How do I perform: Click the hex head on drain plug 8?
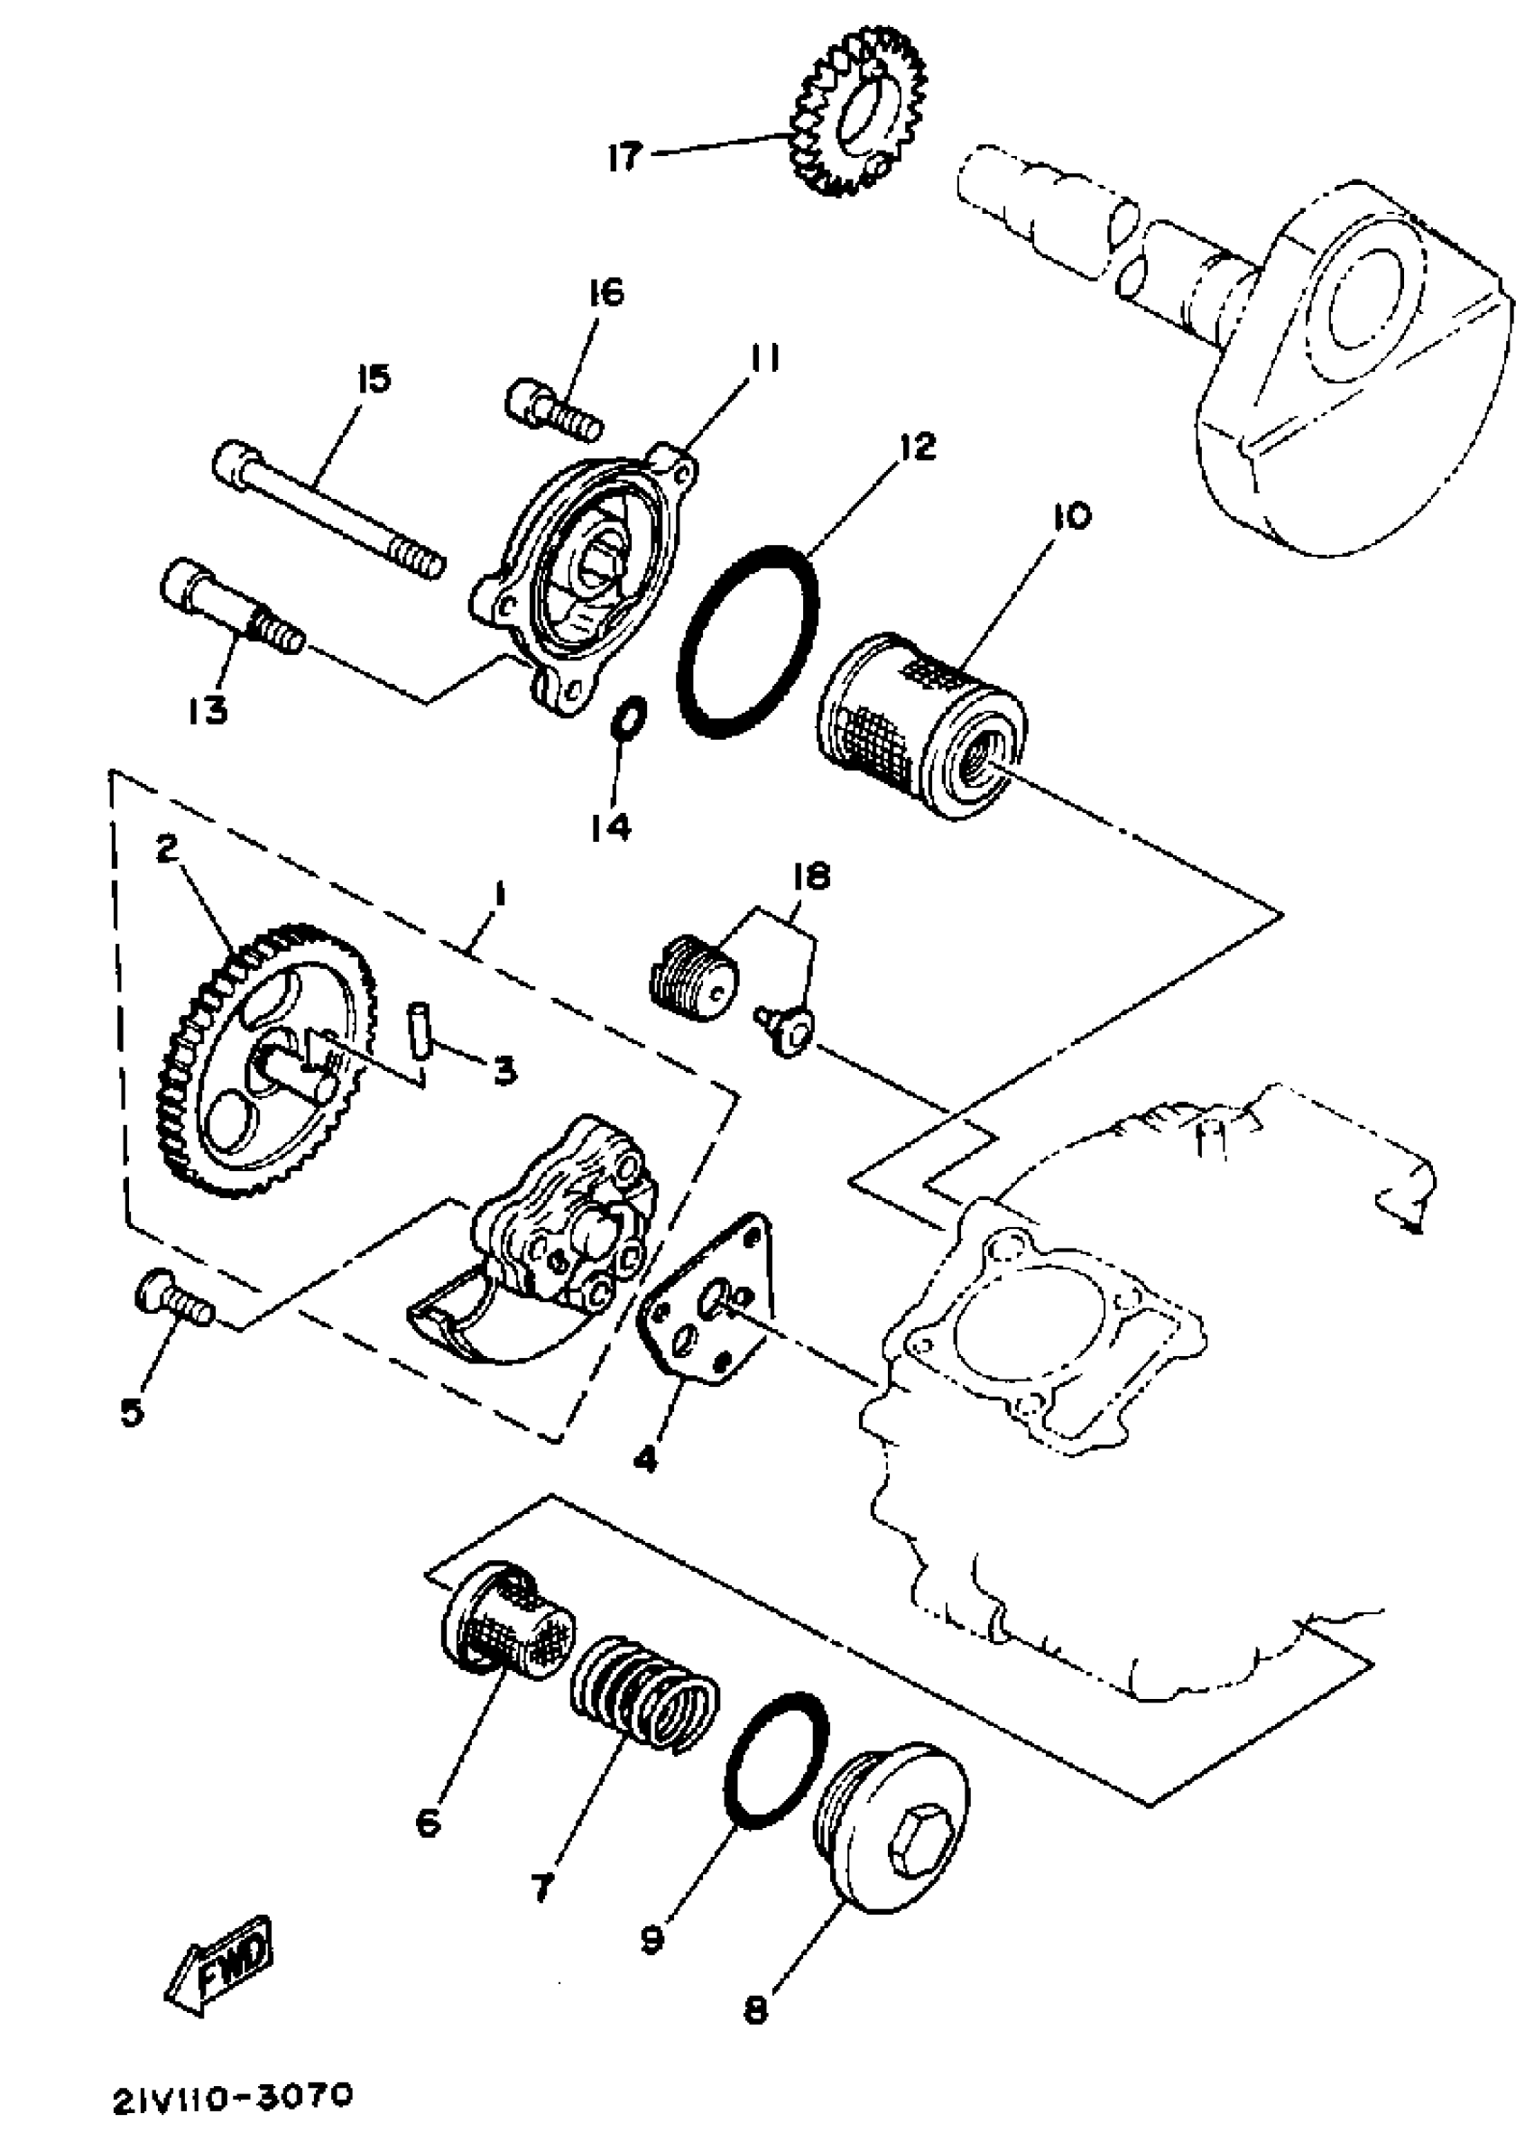(x=914, y=1842)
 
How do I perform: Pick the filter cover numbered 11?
(x=585, y=586)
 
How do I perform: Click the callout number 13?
(x=207, y=708)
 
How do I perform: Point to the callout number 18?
(x=810, y=877)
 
